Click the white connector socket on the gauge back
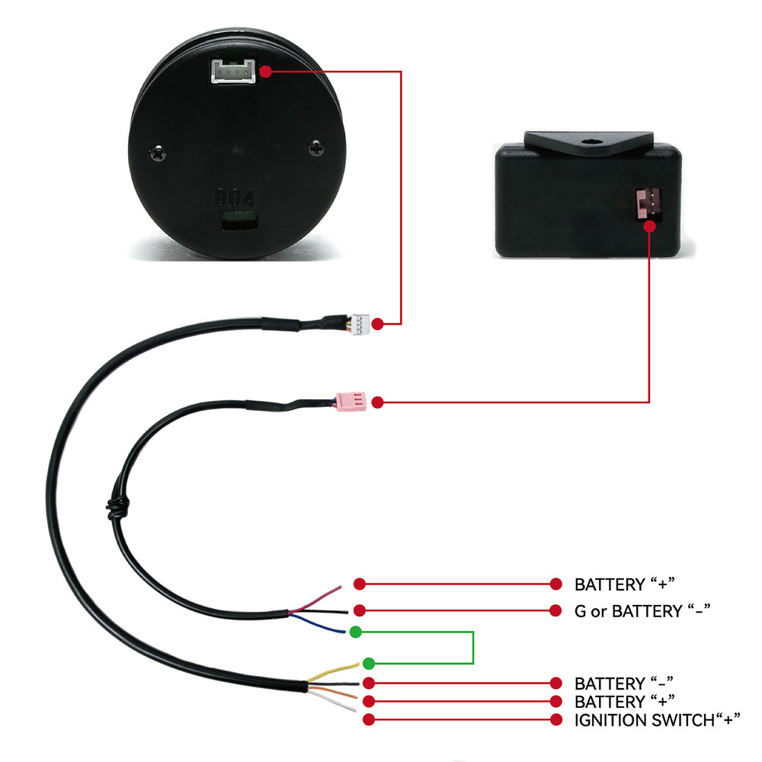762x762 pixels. pos(233,71)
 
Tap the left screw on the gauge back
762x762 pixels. pos(158,154)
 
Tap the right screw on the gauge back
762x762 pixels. pos(316,147)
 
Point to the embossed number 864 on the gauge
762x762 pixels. pos(234,198)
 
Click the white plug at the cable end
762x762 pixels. pos(360,324)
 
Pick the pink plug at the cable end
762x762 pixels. pos(351,402)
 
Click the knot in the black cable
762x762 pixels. pos(118,508)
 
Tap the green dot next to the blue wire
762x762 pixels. pos(356,632)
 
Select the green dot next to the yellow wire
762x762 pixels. pos(369,663)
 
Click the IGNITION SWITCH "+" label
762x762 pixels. pos(657,720)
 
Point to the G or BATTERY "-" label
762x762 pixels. pos(642,610)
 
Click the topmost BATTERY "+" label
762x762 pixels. pos(625,584)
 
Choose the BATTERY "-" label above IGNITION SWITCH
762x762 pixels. pos(623,684)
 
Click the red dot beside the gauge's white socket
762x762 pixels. pos(265,72)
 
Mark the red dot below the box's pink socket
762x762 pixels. pos(649,226)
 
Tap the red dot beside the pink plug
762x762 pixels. pos(378,402)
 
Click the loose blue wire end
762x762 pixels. pos(344,632)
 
